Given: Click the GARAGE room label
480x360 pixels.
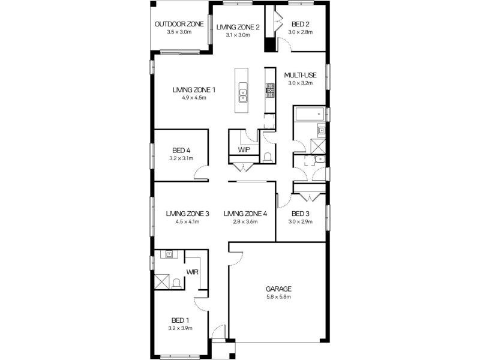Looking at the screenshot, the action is pos(278,289).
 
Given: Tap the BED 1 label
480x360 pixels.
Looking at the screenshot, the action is pos(180,320).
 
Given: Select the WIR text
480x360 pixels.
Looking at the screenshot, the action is pos(193,272).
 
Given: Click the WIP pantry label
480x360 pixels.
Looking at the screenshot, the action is pos(244,149).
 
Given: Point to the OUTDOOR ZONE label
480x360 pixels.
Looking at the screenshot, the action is pos(179,24).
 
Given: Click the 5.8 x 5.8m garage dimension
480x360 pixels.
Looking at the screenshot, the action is pos(278,296).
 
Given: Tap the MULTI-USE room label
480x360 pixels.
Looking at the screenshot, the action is pos(301,75).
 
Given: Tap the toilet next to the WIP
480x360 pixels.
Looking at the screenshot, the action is pos(267,157).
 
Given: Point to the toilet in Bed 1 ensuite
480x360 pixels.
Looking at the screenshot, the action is pos(176,284).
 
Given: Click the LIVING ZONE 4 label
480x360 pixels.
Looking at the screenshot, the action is pos(245,214).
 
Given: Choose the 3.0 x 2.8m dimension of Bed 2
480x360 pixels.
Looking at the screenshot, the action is pos(301,32).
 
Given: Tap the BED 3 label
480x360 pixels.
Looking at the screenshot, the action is pos(301,214).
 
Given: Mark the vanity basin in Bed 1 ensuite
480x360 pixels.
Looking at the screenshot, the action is pos(169,254).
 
